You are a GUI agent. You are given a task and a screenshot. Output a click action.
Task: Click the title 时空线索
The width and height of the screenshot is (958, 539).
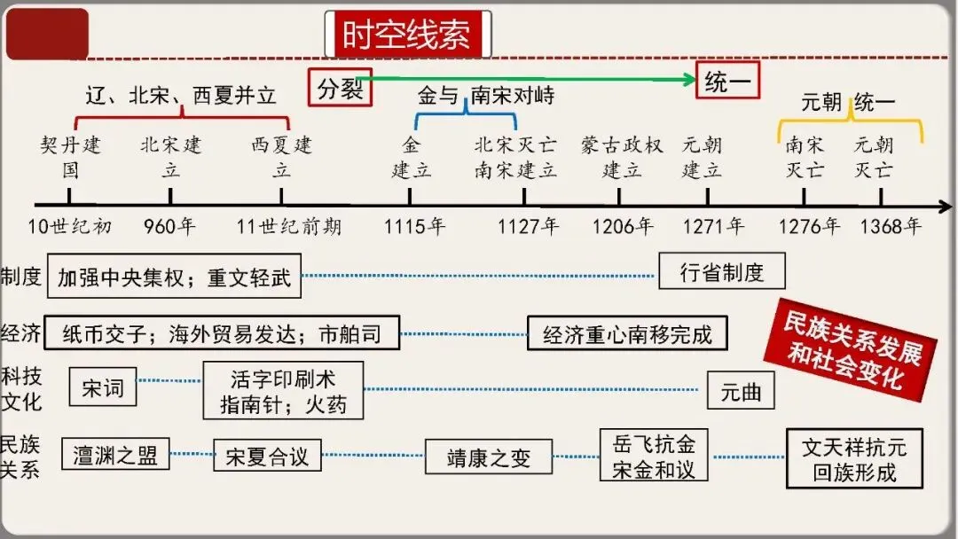tap(408, 35)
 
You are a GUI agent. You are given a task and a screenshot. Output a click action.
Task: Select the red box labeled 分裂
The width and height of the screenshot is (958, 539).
tap(340, 88)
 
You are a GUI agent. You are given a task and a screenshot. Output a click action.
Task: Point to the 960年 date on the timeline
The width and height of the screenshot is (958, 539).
tap(169, 226)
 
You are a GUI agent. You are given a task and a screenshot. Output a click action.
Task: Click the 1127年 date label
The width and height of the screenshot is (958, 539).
tap(528, 226)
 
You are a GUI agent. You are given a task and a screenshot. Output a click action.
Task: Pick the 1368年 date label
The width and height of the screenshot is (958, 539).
tap(890, 226)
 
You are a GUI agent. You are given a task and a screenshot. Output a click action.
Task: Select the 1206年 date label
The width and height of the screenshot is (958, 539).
tap(623, 226)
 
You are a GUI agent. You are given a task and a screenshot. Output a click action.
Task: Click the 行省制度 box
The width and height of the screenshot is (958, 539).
tap(721, 272)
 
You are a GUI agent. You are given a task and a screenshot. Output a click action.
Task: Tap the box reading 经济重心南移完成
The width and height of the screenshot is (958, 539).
tap(626, 334)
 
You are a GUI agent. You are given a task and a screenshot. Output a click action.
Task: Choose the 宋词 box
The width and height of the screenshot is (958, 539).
tap(103, 388)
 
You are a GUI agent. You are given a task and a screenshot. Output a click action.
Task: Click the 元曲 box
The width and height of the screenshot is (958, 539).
tap(740, 391)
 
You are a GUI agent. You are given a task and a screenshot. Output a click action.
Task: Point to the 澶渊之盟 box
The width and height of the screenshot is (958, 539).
tap(115, 455)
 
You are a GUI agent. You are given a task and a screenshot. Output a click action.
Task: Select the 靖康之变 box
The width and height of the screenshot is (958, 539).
tap(488, 457)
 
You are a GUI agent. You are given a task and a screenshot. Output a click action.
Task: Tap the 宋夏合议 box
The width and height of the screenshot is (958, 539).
tap(266, 457)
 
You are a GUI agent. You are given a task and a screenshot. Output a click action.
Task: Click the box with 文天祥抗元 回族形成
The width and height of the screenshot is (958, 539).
tap(854, 458)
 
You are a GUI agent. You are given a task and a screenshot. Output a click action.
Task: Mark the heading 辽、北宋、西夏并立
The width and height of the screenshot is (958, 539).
tap(181, 96)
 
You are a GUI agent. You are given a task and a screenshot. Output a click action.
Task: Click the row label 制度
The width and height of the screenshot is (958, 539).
tap(21, 277)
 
